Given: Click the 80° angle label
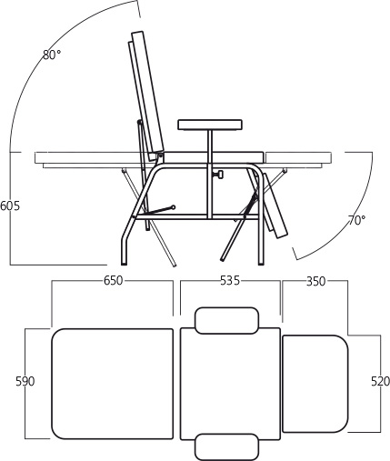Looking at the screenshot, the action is (52, 55).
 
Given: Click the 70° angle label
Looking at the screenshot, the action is (357, 220).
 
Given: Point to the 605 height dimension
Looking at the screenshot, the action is (10, 205).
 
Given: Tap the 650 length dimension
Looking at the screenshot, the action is (113, 281).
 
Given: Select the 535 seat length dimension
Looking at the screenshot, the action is (230, 281).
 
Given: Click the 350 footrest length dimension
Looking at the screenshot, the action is (315, 281).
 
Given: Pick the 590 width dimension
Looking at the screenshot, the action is (25, 381).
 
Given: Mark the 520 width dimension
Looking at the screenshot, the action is (380, 381).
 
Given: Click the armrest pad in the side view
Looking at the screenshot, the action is (210, 125).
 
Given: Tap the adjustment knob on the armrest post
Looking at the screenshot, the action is (219, 175).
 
